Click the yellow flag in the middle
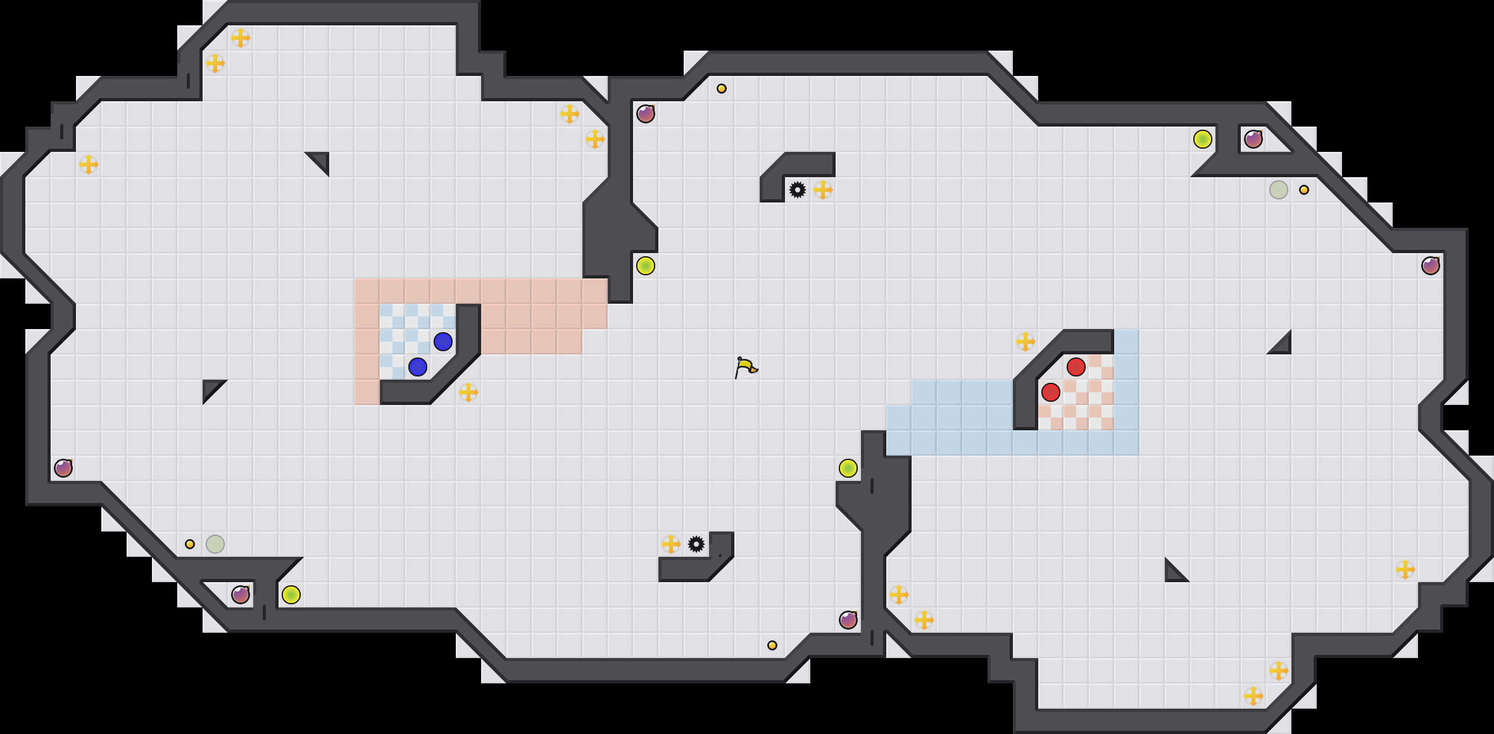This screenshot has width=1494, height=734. (x=746, y=367)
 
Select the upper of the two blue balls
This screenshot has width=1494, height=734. (x=443, y=342)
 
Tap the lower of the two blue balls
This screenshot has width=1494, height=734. (x=418, y=367)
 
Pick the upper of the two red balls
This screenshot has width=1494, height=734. (x=1076, y=367)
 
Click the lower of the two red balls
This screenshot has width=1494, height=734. (x=1051, y=392)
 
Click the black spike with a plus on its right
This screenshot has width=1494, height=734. (x=798, y=190)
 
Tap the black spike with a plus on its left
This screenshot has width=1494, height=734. (x=696, y=544)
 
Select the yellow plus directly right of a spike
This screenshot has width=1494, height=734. (x=823, y=190)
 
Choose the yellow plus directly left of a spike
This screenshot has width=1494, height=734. (x=671, y=544)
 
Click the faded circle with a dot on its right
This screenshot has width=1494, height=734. (x=1279, y=190)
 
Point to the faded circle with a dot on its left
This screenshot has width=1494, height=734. (x=215, y=544)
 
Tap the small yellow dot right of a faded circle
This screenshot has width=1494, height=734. (x=1304, y=190)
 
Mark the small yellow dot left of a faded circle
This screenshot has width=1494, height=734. (x=190, y=544)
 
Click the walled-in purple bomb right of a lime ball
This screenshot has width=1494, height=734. (x=1253, y=139)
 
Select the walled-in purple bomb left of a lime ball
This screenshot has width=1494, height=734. (x=241, y=595)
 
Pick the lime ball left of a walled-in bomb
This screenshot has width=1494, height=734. (x=1203, y=139)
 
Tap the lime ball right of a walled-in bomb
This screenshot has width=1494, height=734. (x=291, y=595)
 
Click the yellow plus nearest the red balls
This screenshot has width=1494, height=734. (x=1026, y=342)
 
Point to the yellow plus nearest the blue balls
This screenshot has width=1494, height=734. (x=468, y=392)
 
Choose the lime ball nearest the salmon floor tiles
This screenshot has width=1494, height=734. (x=646, y=266)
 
